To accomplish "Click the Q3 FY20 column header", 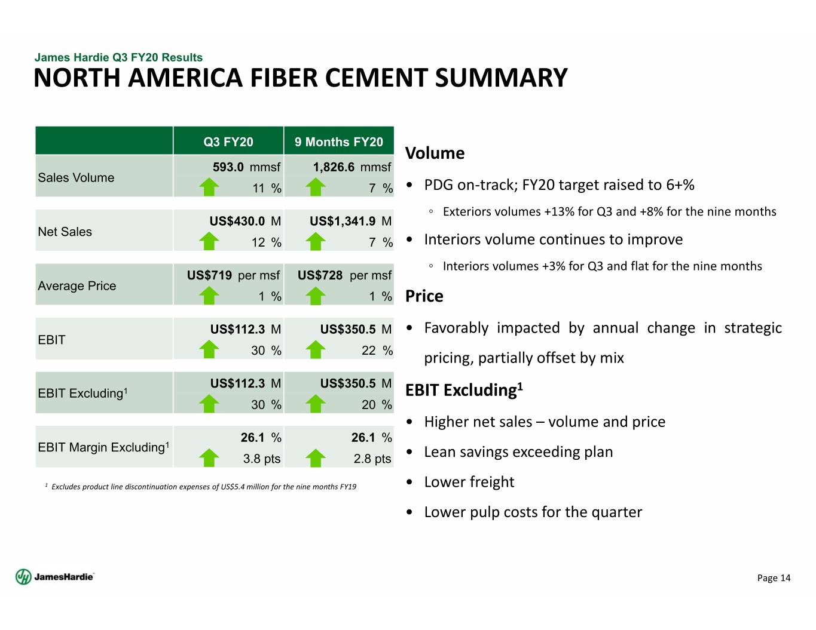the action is pos(228,142).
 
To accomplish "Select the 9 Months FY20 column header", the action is pos(339,142).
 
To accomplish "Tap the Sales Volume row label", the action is pos(76,177).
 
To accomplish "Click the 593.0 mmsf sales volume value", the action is pos(246,167).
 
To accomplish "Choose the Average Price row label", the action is pos(77,286).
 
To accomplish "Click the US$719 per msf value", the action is pos(233,275).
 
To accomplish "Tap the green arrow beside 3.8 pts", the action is pos(209,457).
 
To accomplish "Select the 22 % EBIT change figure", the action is pos(377,351).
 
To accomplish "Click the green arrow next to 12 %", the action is pos(209,241).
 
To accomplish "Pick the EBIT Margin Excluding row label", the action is pos(103,447).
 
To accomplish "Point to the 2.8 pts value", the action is pos(372,458).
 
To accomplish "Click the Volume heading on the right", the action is pos(435,153).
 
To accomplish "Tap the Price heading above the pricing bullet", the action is pos(424,296).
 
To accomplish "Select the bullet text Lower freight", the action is pos(469,482).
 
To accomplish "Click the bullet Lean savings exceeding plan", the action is pos(518,452).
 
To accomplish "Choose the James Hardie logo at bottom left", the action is pos(55,577).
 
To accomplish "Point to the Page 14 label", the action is pos(774,578).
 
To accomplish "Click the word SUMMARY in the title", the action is pos(502,78).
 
